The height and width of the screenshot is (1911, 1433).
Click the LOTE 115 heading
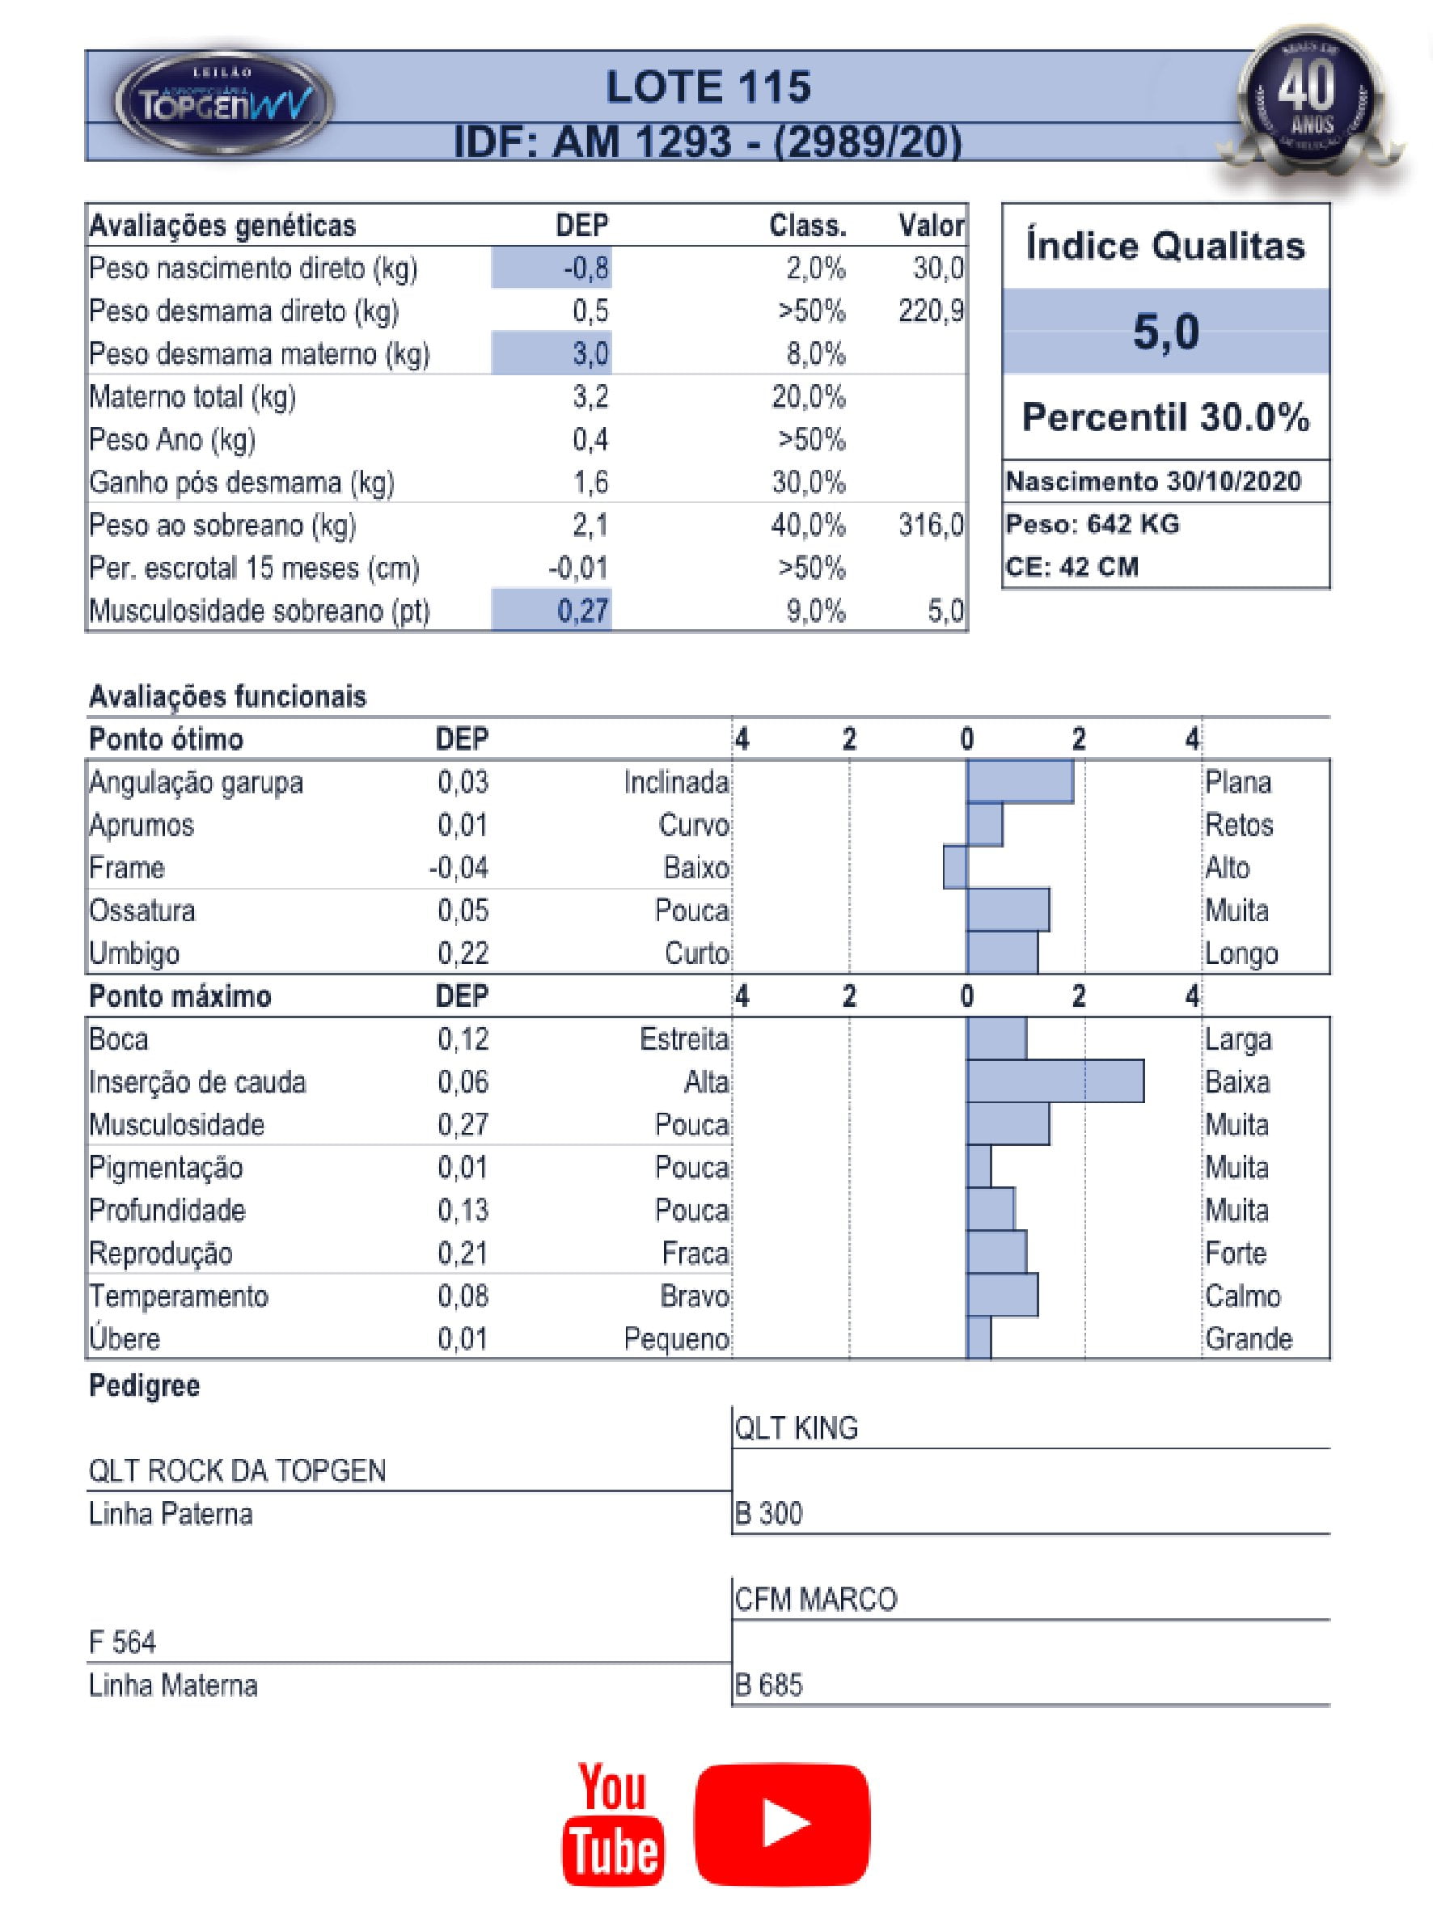[x=708, y=87]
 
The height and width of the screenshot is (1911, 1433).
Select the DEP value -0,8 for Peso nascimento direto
[x=586, y=268]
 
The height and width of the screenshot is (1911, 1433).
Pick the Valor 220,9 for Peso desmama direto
[x=930, y=311]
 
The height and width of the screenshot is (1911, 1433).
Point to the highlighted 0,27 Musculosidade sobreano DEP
[x=582, y=611]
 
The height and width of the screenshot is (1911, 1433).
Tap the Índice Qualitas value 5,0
[x=1165, y=332]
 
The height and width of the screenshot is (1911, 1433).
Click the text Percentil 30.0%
[x=1165, y=417]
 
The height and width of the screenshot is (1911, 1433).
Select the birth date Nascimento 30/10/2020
[x=1153, y=481]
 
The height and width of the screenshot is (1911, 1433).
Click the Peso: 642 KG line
[x=1093, y=523]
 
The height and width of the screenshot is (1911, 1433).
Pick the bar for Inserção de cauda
[x=1055, y=1081]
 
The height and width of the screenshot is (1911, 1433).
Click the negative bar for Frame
[x=955, y=868]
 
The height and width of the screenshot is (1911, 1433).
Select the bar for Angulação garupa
[x=1020, y=782]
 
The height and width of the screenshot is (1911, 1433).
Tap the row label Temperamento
[x=179, y=1296]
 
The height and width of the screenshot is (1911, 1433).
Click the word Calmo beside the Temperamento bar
[x=1242, y=1296]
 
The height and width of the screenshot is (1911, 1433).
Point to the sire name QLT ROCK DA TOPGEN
[x=238, y=1470]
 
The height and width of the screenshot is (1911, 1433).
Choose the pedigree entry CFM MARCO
[x=815, y=1599]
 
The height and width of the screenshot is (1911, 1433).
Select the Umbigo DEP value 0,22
[x=463, y=953]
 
